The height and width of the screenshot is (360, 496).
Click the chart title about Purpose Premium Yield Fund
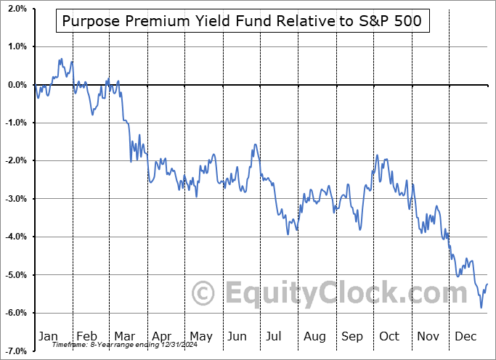pos(241,21)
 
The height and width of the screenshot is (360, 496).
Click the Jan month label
pos(48,336)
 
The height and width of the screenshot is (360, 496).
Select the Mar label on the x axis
pos(123,336)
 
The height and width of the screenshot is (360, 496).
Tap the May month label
pos(200,336)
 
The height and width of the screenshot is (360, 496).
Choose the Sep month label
pos(352,336)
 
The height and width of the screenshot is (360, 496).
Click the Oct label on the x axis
pos(390,336)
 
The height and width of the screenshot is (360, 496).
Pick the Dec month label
pos(465,336)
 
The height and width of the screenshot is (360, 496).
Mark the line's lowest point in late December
pos(481,308)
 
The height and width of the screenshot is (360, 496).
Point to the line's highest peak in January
pos(60,59)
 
